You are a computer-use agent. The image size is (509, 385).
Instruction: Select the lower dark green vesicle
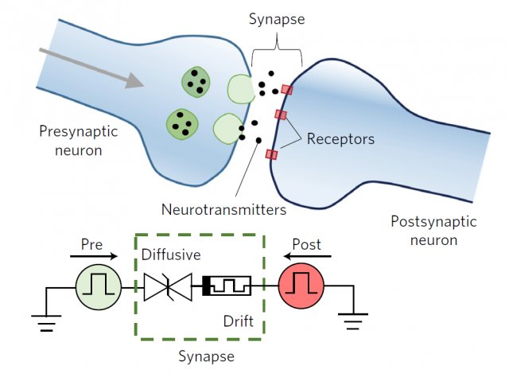point(181,122)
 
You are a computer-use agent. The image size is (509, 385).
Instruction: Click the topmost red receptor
point(286,90)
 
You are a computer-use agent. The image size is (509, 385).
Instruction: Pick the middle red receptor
point(280,116)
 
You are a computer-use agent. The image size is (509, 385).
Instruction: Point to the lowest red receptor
point(272,154)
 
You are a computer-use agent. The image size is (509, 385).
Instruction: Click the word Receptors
point(340,139)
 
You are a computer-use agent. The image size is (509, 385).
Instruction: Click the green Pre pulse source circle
point(96,286)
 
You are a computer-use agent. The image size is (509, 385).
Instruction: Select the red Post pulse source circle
point(300,286)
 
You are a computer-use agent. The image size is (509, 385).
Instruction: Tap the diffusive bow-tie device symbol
point(169,286)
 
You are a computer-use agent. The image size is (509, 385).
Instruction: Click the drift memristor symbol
point(227,285)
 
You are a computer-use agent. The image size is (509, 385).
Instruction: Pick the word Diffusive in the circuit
point(170,256)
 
